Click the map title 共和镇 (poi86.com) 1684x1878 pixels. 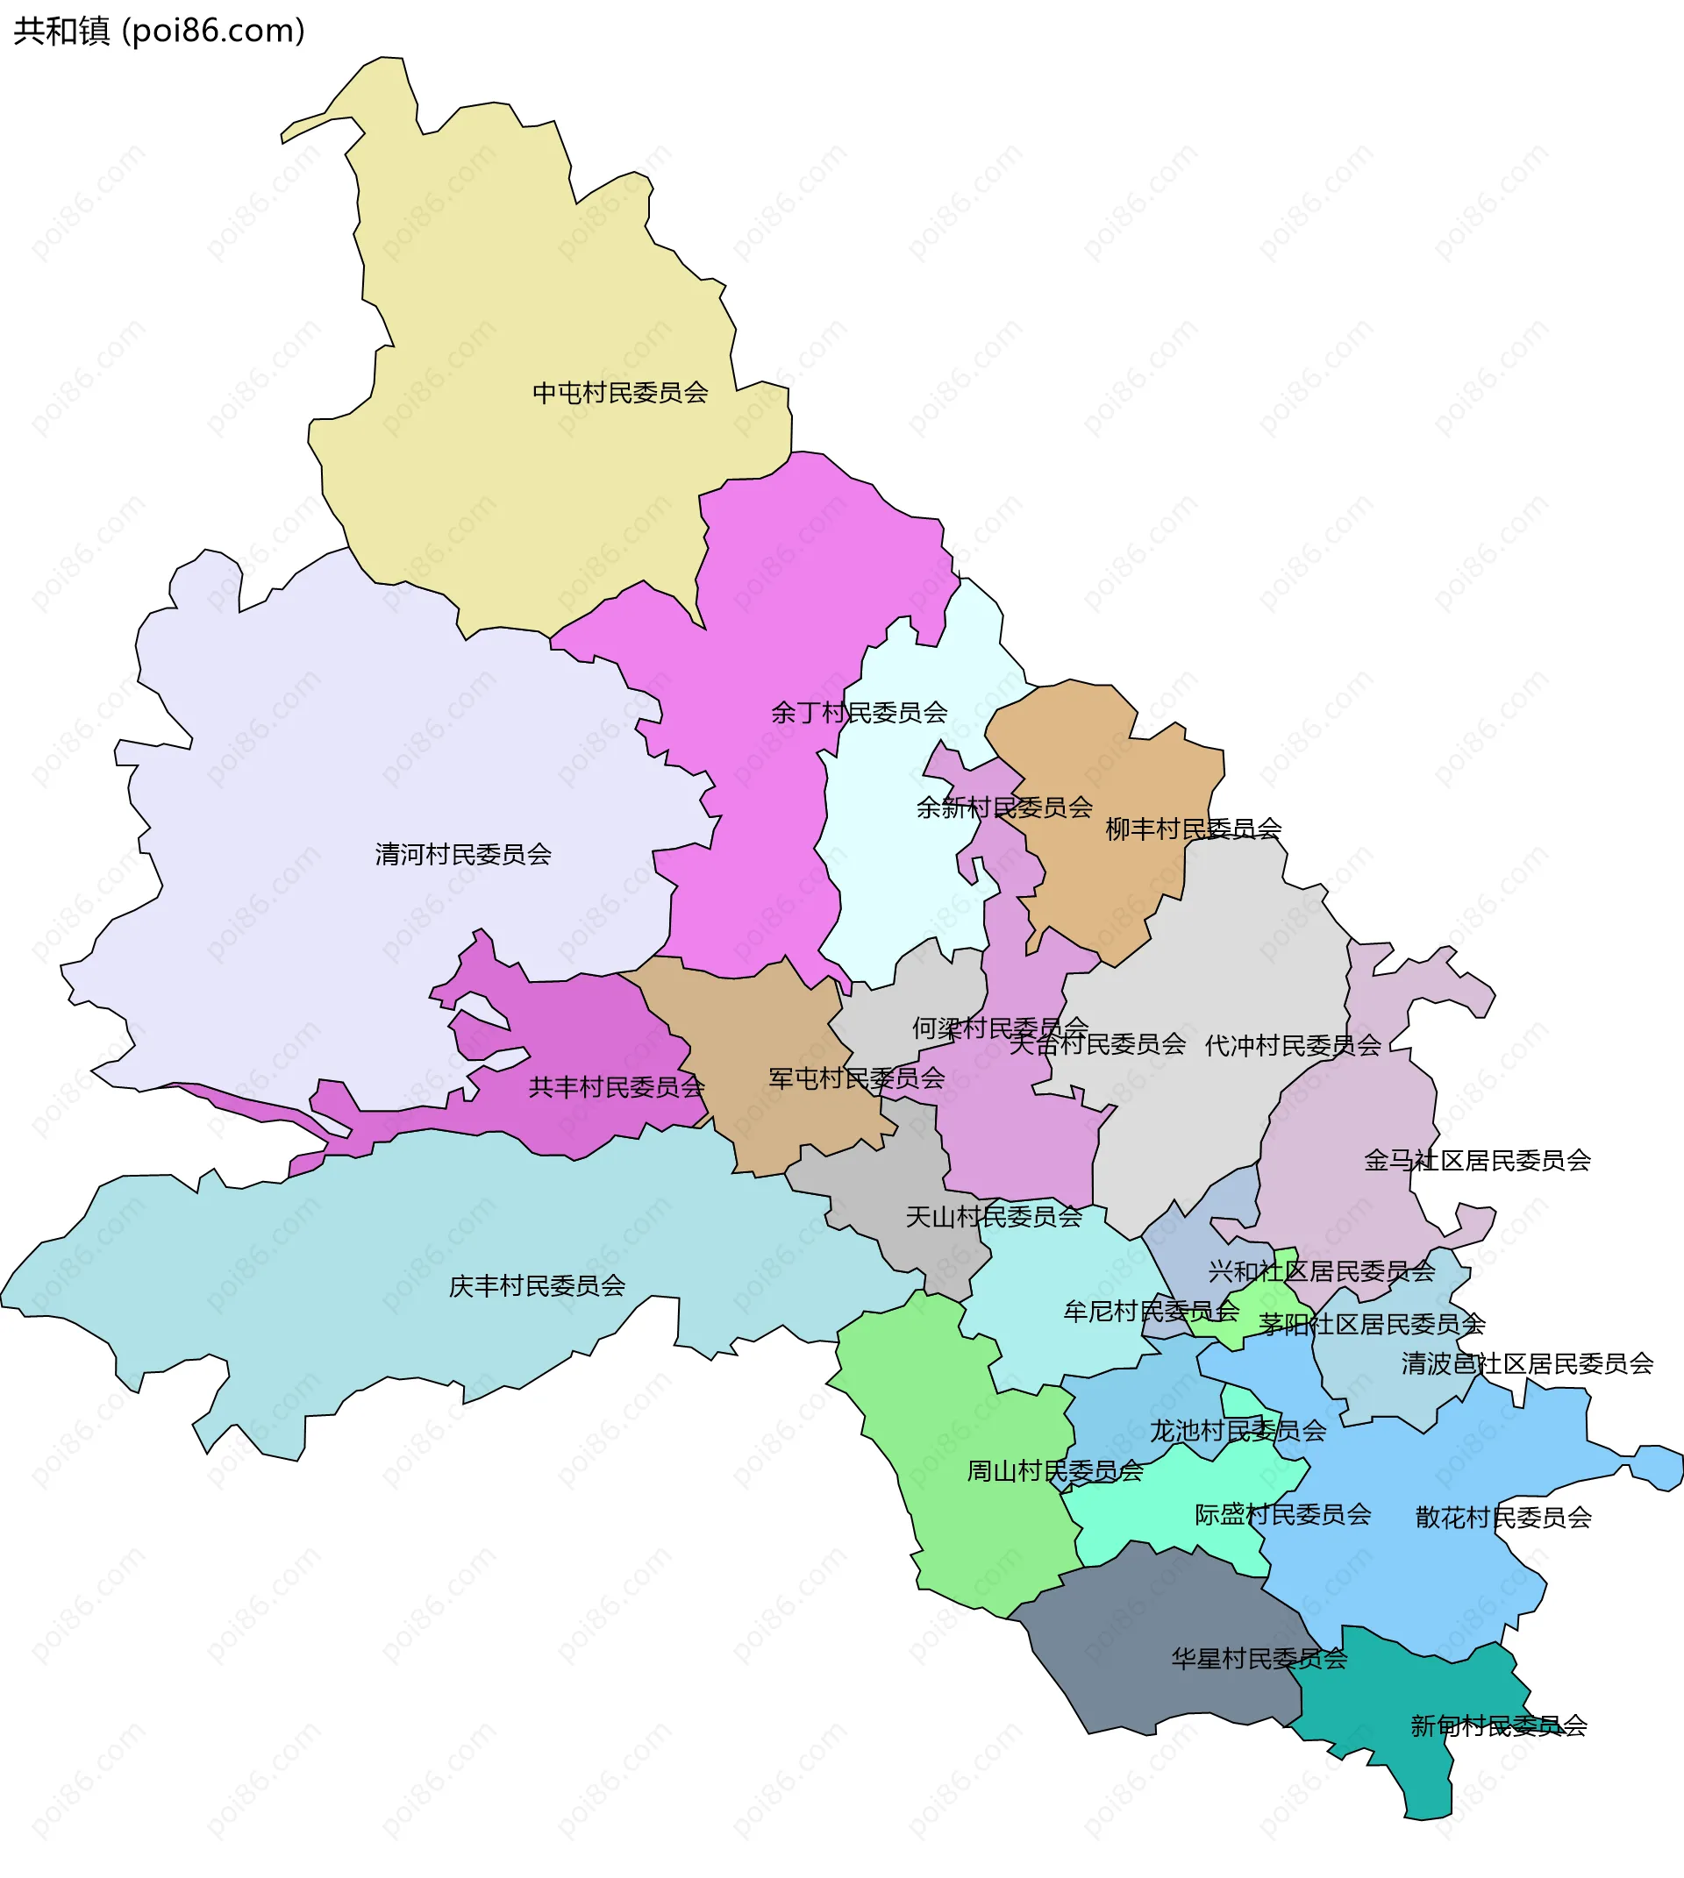coord(159,32)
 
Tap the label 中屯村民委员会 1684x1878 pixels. coord(620,393)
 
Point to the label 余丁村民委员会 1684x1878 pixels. coord(859,712)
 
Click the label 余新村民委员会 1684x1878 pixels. coord(1004,807)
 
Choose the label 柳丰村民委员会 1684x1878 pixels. coord(1194,829)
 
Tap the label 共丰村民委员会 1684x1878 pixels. coord(617,1087)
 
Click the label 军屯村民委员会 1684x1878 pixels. coord(857,1078)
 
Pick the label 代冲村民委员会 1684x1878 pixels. coord(1293,1045)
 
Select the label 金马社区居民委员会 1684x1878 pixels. coord(1477,1160)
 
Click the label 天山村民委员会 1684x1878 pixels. coord(993,1217)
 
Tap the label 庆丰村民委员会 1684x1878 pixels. coord(537,1286)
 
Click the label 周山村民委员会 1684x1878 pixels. coord(1055,1471)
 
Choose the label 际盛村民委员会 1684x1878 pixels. coord(1282,1514)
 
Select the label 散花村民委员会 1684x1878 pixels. coord(1502,1517)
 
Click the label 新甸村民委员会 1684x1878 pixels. coord(1498,1725)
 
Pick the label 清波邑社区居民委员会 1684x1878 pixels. coord(1527,1363)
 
